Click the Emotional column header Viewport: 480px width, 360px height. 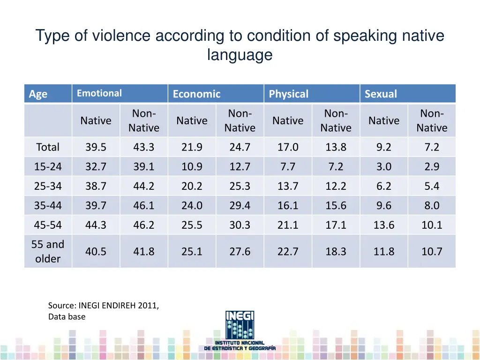[x=99, y=93]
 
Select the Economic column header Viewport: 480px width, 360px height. [x=196, y=94]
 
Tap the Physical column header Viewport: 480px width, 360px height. [x=289, y=94]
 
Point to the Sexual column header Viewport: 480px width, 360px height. [x=381, y=94]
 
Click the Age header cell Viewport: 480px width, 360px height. [x=38, y=94]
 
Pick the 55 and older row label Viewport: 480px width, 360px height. [x=48, y=251]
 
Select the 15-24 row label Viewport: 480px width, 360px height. [x=48, y=166]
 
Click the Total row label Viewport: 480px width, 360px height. [x=48, y=147]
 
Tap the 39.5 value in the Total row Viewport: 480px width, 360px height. [x=96, y=147]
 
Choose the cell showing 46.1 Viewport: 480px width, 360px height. [x=143, y=205]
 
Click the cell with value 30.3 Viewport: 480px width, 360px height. [x=240, y=225]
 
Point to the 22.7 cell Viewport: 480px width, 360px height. [x=288, y=252]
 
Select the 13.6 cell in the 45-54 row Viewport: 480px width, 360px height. [x=384, y=225]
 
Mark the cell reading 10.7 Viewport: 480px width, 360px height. [x=432, y=252]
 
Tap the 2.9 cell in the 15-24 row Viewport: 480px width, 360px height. [x=432, y=166]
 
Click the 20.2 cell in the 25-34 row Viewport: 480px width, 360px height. [x=192, y=186]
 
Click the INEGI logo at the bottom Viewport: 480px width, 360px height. [x=240, y=330]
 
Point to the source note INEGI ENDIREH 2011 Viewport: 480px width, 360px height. [x=104, y=306]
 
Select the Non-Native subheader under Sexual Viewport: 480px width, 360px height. [x=432, y=120]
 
